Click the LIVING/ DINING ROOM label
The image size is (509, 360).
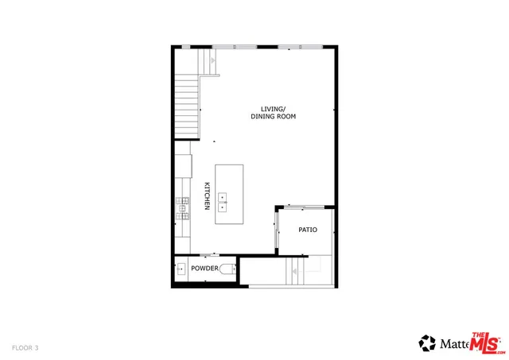click(x=273, y=113)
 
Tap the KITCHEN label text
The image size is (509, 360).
click(x=207, y=195)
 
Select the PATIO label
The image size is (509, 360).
click(x=308, y=230)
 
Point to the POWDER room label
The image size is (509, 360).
click(x=204, y=269)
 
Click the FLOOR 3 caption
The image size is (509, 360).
click(x=25, y=347)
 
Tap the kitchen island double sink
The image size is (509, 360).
click(x=223, y=200)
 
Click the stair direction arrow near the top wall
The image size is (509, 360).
click(x=212, y=60)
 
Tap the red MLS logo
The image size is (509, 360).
click(x=486, y=343)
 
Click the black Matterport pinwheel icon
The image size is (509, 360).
click(x=428, y=343)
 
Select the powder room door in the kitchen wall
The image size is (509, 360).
click(x=209, y=255)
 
